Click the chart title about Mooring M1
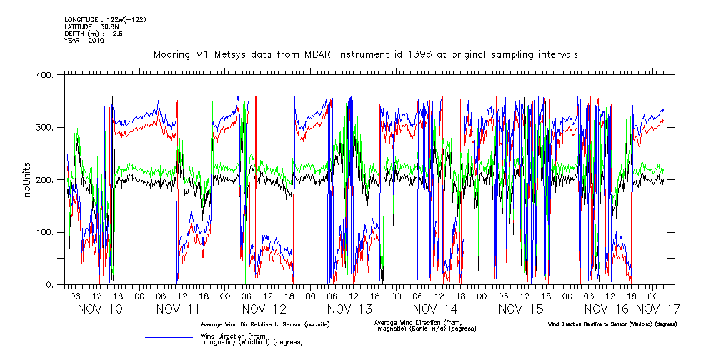[x=365, y=54]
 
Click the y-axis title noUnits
[x=27, y=180]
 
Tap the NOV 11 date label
[x=178, y=309]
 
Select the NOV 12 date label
[x=264, y=309]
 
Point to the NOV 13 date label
[x=349, y=309]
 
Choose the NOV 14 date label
[x=435, y=309]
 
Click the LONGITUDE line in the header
[x=105, y=20]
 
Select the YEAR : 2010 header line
[x=84, y=41]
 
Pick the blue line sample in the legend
[x=169, y=338]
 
